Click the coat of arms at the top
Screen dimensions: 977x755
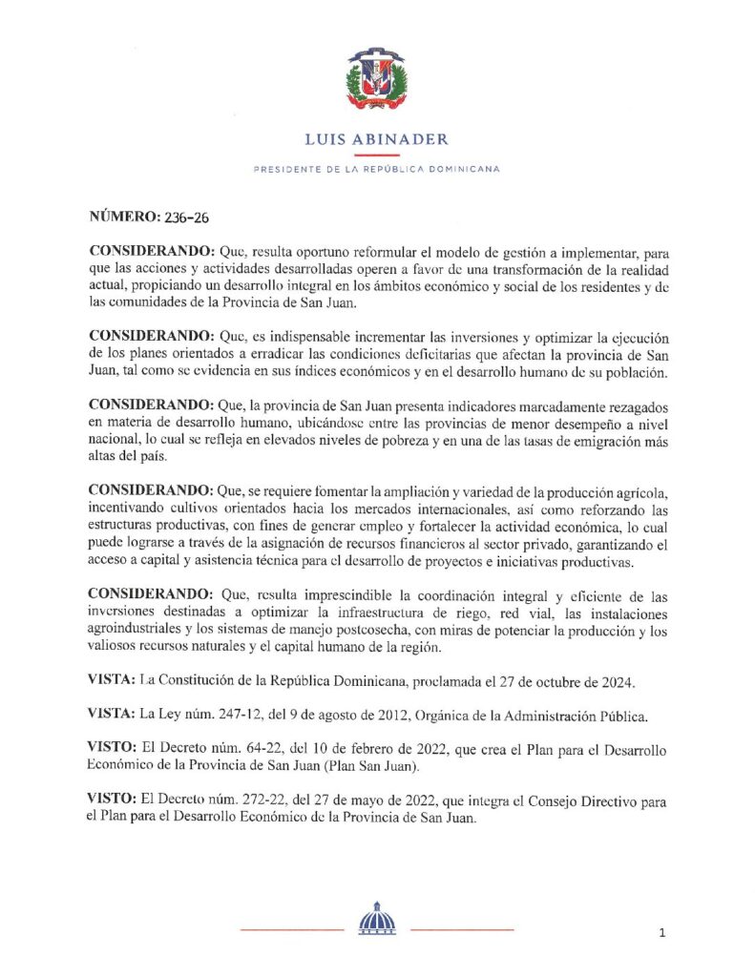pyautogui.click(x=376, y=80)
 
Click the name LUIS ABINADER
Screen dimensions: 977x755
pyautogui.click(x=376, y=139)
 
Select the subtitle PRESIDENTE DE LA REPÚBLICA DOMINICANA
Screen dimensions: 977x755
pyautogui.click(x=376, y=169)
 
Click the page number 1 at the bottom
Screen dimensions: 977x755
pyautogui.click(x=661, y=933)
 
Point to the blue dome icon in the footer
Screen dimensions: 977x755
pyautogui.click(x=376, y=919)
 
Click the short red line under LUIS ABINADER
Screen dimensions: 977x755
pyautogui.click(x=376, y=155)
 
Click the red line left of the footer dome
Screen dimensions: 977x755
pyautogui.click(x=291, y=928)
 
